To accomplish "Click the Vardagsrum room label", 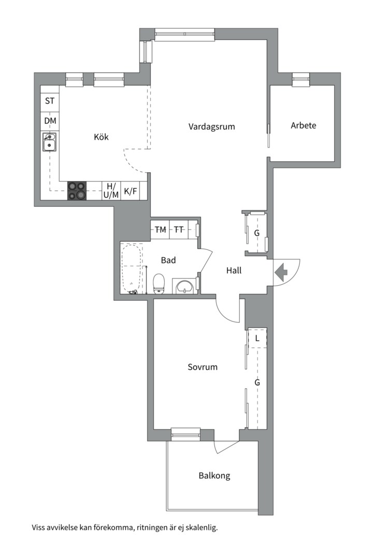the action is coord(212,127).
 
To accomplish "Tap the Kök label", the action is coord(101,137).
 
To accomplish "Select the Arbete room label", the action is coord(304,125).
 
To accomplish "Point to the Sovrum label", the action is coord(203,367).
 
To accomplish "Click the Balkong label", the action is coord(214,475).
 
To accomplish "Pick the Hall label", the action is coord(234,270).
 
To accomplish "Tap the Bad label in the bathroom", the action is coord(168,260).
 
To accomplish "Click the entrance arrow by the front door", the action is coord(281,272).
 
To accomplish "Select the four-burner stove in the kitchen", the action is coord(77,191).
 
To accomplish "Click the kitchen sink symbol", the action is coord(49,142).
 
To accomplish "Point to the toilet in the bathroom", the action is coord(159,284).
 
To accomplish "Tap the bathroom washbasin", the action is coord(184,286).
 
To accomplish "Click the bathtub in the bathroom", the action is coord(132,269).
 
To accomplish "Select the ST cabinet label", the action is coord(50,101).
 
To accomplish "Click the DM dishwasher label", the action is coord(50,121).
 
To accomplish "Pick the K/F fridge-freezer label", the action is coord(130,191).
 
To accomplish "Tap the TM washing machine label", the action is coord(160,230).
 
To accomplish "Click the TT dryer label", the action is coord(178,230).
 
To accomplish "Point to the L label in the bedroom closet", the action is coord(257,338).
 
